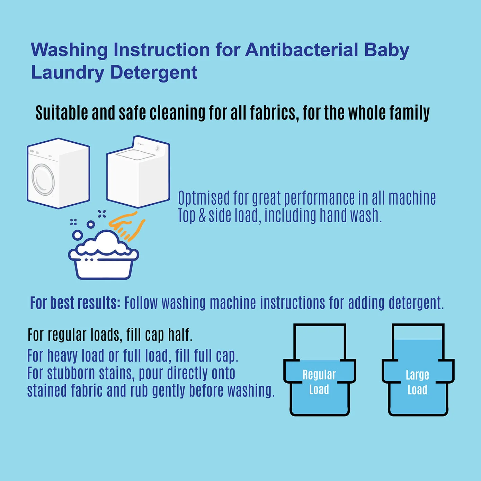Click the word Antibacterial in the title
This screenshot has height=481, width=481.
coord(301,50)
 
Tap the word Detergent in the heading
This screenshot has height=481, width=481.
coord(154,72)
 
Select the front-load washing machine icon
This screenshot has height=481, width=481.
coord(58,173)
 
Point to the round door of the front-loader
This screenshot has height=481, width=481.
coord(43,179)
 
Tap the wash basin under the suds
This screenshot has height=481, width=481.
coord(104,267)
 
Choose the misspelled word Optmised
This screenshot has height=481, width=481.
coord(204,198)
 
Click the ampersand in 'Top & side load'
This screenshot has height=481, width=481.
coord(202,216)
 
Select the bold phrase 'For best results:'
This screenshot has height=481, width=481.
coord(75,303)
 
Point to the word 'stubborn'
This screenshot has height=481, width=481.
coord(71,373)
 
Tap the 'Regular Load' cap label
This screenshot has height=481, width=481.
coord(319,382)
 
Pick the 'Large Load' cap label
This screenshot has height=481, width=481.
coord(417,382)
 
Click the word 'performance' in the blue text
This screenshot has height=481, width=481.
coord(319,198)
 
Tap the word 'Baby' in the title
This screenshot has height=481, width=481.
coord(386,50)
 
